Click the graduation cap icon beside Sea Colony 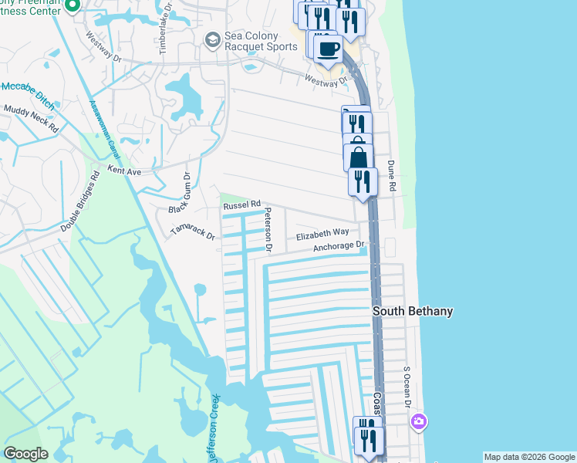click(211, 39)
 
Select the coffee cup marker click(328, 49)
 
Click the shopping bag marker click(359, 158)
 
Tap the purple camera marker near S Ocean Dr click(419, 421)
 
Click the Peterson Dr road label click(268, 229)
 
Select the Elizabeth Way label click(322, 233)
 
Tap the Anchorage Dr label click(339, 247)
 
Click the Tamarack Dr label click(192, 232)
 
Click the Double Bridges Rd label click(81, 201)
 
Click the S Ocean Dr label click(407, 386)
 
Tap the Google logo click(25, 454)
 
